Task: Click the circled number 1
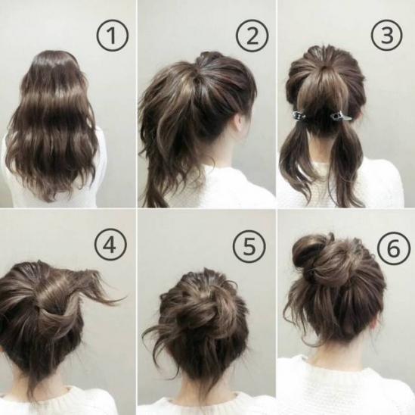[x=112, y=36]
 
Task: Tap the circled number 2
[x=252, y=36]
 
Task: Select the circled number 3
[x=387, y=36]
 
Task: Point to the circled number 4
[x=110, y=245]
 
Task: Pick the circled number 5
[x=249, y=246]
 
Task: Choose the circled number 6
[x=394, y=248]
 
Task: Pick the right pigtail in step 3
[x=344, y=164]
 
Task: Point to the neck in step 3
[x=322, y=148]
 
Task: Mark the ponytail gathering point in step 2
[x=199, y=77]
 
